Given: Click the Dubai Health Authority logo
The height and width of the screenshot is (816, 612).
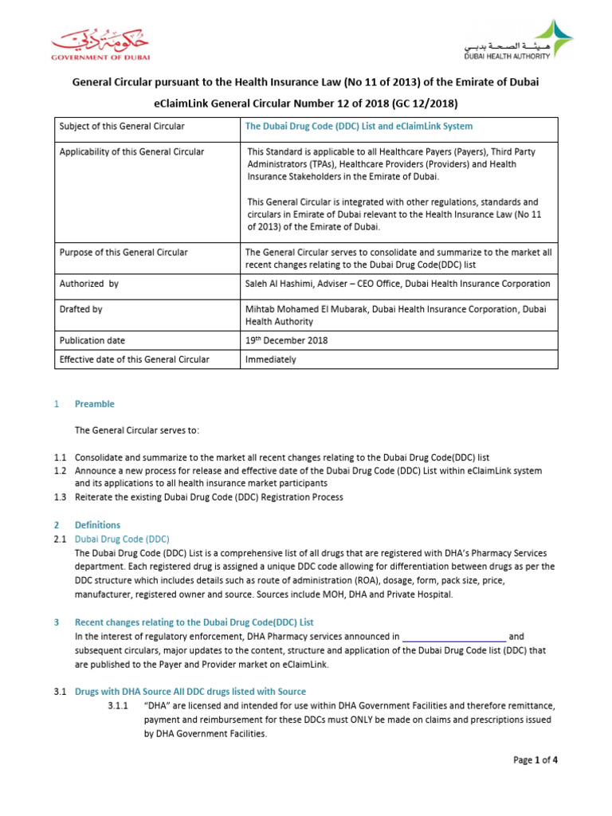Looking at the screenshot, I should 518,41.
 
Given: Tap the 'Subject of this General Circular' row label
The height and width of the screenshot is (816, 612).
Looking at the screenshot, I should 122,127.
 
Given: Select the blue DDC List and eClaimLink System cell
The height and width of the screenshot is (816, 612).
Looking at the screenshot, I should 359,127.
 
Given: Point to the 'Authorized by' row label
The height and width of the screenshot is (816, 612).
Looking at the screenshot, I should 89,284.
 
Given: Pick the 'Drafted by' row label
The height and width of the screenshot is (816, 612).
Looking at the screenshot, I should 80,309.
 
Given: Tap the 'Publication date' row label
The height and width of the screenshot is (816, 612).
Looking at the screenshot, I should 93,340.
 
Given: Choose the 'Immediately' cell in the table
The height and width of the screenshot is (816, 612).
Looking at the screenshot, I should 272,359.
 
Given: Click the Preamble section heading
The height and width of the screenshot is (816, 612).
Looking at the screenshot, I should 95,404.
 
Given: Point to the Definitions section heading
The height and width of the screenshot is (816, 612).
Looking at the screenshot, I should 97,525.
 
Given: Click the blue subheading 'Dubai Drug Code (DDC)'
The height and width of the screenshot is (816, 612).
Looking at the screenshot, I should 122,539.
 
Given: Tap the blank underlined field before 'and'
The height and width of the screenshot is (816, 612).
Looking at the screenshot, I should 453,637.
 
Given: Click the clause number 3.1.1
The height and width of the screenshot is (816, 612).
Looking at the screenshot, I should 117,706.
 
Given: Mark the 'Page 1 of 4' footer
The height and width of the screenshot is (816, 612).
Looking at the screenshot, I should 535,760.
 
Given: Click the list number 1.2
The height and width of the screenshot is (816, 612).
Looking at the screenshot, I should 61,471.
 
